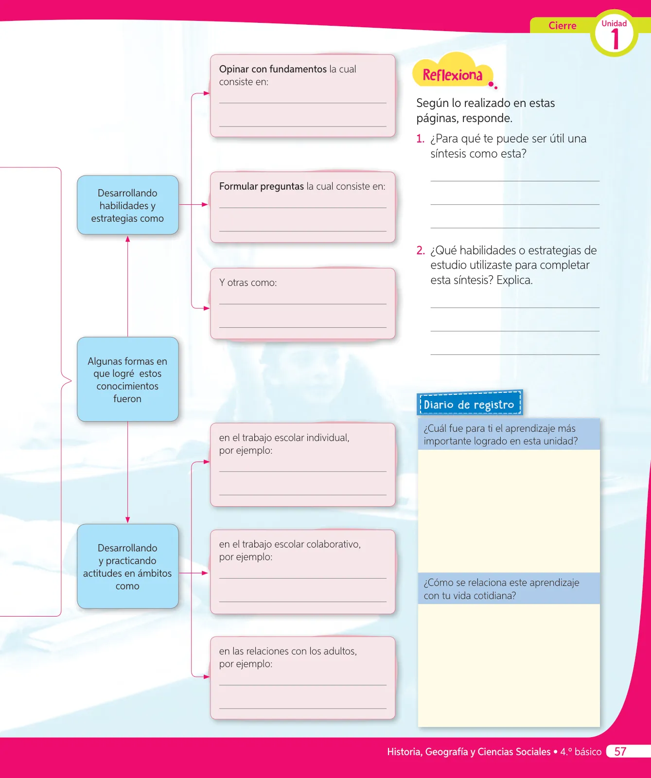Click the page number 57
620,752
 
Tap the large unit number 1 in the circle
615,39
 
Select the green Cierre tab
563,26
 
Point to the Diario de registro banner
470,404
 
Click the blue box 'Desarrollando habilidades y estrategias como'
128,205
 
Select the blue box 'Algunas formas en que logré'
128,379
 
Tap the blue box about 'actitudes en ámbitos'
128,566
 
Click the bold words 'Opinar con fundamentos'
273,69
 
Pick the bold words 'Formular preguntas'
262,186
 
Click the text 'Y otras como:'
248,283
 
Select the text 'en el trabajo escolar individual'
284,438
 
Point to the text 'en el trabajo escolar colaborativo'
290,544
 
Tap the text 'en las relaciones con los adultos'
288,651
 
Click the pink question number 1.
420,139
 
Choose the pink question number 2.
421,250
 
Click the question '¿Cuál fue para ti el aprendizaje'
500,435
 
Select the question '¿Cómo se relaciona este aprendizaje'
501,589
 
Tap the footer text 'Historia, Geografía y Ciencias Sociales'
469,752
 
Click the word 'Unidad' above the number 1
614,23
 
